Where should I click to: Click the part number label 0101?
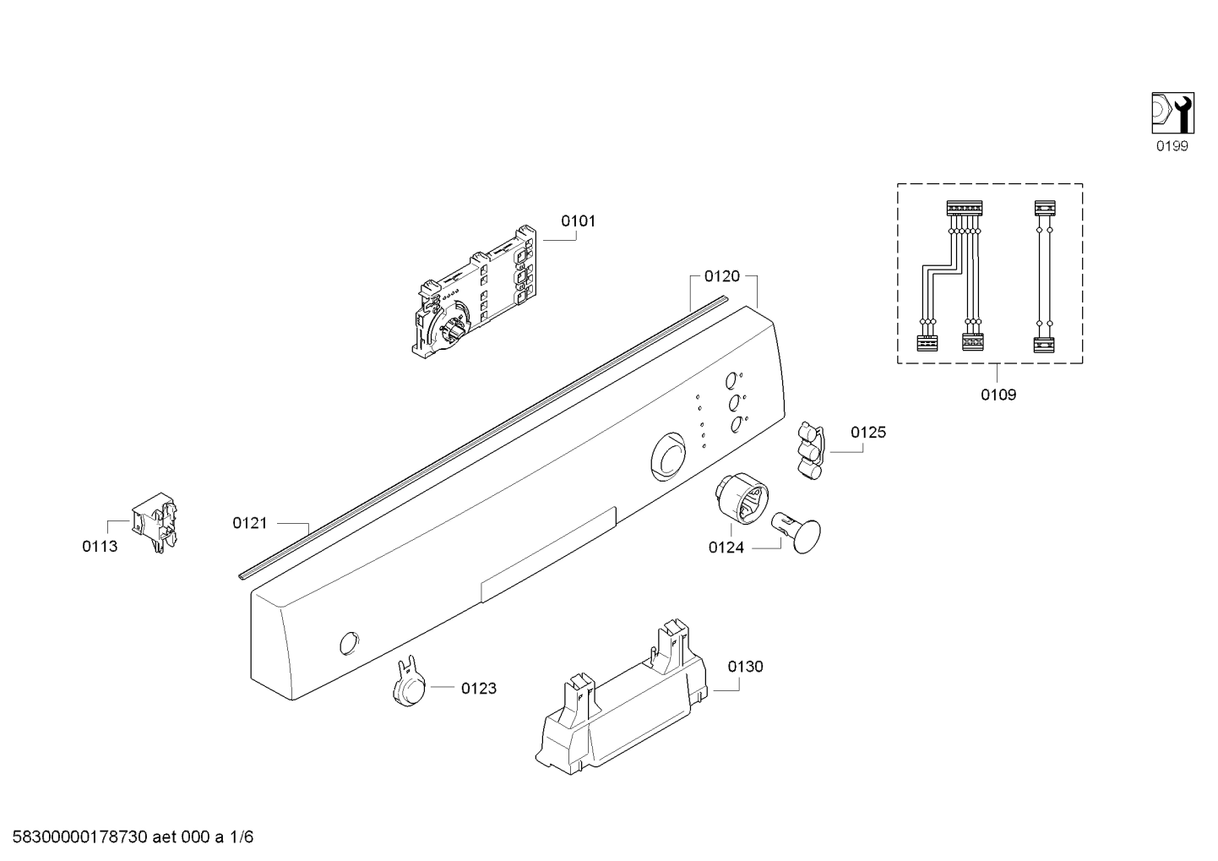pyautogui.click(x=578, y=221)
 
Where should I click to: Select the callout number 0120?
pyautogui.click(x=722, y=276)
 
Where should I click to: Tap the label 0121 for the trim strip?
pyautogui.click(x=250, y=523)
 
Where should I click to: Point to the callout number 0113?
pyautogui.click(x=100, y=546)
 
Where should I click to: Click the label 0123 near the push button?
pyautogui.click(x=479, y=689)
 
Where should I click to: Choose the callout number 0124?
pyautogui.click(x=726, y=548)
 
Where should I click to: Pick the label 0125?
pyautogui.click(x=868, y=433)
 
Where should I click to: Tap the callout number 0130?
pyautogui.click(x=746, y=667)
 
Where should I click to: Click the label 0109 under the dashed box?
pyautogui.click(x=998, y=395)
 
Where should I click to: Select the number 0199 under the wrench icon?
pyautogui.click(x=1172, y=146)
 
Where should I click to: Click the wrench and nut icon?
pyautogui.click(x=1173, y=113)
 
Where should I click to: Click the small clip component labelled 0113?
pyautogui.click(x=155, y=521)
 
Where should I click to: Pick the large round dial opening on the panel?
pyautogui.click(x=668, y=457)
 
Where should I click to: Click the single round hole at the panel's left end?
pyautogui.click(x=349, y=644)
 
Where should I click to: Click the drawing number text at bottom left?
pyautogui.click(x=133, y=837)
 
